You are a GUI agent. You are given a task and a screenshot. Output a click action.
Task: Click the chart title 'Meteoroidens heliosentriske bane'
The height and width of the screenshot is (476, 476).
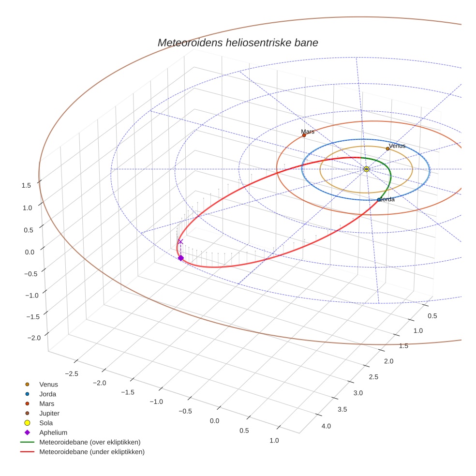238,43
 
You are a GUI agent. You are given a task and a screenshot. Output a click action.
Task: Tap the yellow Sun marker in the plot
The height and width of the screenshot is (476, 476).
366,169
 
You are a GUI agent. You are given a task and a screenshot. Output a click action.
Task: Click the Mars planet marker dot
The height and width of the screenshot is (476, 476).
304,135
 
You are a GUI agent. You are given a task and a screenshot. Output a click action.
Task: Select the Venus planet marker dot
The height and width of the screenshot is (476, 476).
387,149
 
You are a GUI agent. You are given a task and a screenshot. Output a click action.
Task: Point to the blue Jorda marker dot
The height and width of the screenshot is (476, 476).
379,200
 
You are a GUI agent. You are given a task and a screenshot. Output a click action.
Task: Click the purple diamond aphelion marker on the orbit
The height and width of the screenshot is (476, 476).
180,258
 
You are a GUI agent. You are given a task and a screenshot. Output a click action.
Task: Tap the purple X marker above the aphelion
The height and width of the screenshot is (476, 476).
180,241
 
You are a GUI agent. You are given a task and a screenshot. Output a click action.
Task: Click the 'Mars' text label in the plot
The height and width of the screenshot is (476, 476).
308,131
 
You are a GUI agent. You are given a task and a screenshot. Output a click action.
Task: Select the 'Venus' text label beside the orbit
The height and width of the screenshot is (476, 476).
397,146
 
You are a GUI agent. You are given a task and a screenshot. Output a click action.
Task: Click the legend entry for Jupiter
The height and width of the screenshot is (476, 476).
49,413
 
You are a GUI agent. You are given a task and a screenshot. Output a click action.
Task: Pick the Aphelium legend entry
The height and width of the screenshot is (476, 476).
53,432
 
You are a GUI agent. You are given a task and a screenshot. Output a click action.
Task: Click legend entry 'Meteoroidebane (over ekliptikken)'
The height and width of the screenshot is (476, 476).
89,442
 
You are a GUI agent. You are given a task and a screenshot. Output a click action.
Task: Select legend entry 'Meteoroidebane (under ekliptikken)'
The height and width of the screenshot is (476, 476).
91,452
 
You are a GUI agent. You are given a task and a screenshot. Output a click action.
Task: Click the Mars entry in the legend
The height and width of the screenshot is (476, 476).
46,403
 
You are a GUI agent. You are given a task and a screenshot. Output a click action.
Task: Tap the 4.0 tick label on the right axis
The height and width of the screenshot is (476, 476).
326,426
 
